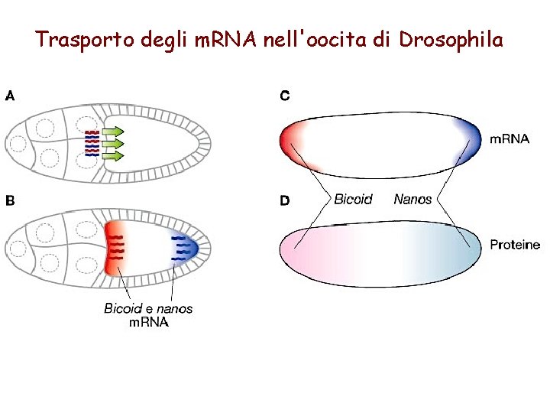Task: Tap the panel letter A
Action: click(10, 96)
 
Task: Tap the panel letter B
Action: click(10, 201)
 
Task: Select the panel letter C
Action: click(284, 96)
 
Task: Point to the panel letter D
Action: click(284, 201)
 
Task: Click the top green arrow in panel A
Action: click(113, 132)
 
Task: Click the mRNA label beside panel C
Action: click(509, 139)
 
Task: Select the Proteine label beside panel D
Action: click(514, 246)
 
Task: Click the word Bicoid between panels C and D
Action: click(353, 200)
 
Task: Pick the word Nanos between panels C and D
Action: click(412, 200)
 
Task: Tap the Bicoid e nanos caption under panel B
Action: click(148, 309)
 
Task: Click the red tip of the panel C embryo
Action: click(290, 141)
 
